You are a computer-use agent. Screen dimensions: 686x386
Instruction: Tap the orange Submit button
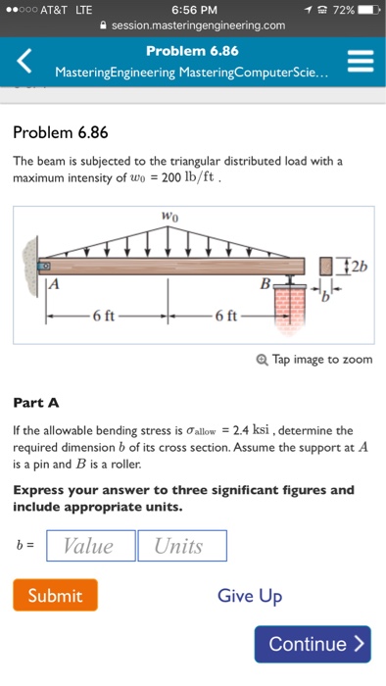coord(55,595)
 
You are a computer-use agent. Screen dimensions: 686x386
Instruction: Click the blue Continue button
coord(313,644)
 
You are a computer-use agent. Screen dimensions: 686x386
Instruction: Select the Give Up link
coord(249,595)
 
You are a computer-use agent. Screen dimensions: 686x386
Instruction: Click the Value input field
coord(89,546)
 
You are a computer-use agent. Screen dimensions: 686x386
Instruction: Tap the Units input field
coord(181,546)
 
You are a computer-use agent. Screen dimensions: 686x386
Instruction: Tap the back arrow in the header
coord(23,62)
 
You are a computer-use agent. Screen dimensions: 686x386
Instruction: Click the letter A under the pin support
coord(53,284)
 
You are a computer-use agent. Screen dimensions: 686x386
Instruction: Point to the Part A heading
coord(36,402)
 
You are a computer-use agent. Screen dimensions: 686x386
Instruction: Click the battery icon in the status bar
coord(365,9)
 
